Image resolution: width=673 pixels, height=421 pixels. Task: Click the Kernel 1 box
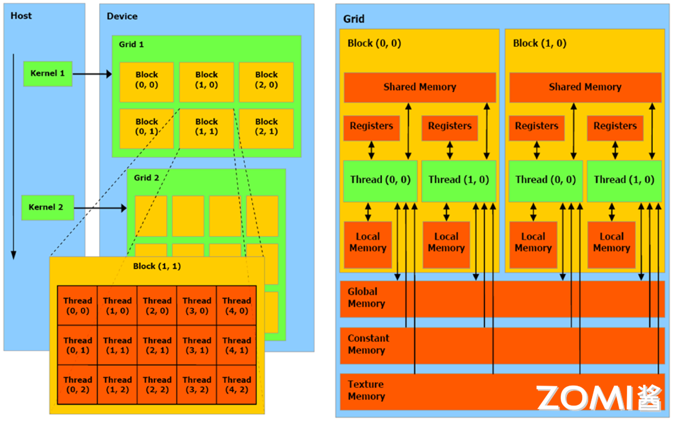[x=48, y=73]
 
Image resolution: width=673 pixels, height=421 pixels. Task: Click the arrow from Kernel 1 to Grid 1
[x=92, y=74]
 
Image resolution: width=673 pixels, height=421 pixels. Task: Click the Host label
[x=21, y=16]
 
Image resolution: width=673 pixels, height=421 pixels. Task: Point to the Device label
[x=122, y=16]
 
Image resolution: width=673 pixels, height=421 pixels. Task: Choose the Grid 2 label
[x=147, y=178]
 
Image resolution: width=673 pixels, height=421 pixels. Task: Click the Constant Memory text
[x=368, y=344]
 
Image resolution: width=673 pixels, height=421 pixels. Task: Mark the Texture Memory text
[x=366, y=390]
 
